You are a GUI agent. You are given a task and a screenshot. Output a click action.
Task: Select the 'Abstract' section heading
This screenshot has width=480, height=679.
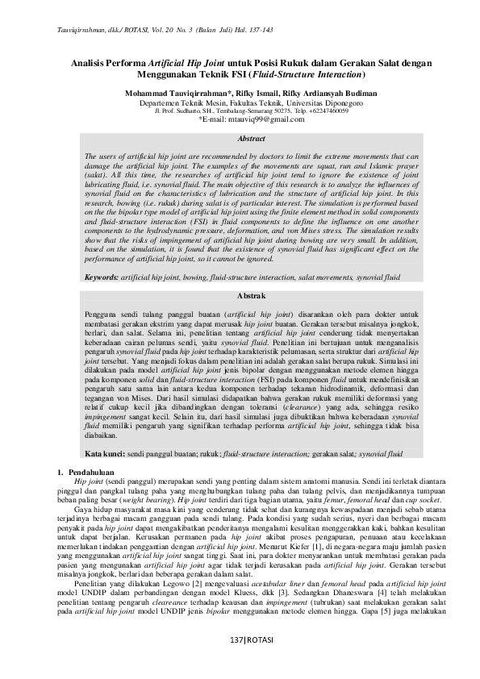point(240,139)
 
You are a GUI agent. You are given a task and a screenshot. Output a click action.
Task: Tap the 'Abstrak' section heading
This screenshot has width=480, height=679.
point(240,298)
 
